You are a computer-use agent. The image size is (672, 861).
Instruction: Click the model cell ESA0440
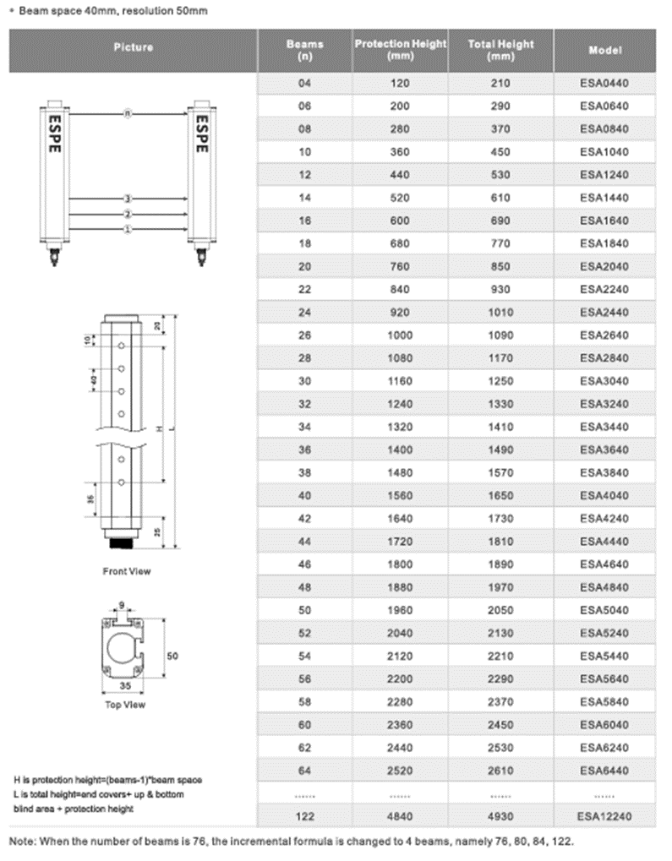tap(604, 83)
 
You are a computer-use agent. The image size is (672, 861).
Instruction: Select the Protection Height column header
tap(399, 50)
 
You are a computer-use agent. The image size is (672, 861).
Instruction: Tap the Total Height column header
tap(500, 50)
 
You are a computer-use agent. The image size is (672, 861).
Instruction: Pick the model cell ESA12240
tap(604, 817)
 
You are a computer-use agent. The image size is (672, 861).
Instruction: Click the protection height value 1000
tap(399, 335)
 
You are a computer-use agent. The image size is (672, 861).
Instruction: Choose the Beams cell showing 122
tap(305, 817)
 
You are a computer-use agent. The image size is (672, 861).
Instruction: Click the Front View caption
tap(127, 571)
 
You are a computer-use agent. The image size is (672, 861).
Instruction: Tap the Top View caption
tap(124, 704)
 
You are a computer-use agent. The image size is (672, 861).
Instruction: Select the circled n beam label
tap(128, 112)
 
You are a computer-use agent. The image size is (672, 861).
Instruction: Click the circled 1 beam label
tap(128, 229)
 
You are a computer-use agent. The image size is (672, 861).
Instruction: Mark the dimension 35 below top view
tap(126, 687)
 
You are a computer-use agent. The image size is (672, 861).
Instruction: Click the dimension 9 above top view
tap(123, 604)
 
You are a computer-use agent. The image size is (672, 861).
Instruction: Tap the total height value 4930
tap(500, 817)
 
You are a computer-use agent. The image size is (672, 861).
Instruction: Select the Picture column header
tap(134, 47)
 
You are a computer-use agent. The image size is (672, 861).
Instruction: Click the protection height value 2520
tap(399, 771)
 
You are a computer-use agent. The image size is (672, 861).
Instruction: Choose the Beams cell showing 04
tap(305, 83)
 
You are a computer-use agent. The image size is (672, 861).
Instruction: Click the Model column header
tap(604, 50)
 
